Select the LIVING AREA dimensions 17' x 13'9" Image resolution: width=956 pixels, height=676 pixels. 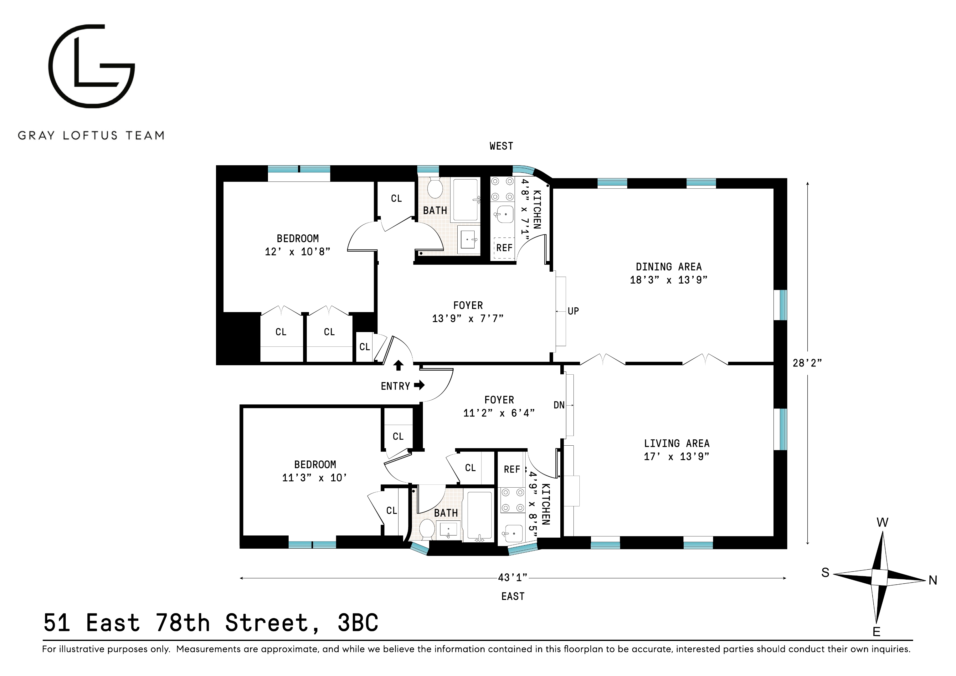tap(676, 457)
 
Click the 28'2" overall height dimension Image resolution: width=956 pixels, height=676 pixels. tap(807, 363)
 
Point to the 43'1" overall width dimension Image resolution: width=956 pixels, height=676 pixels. tap(512, 578)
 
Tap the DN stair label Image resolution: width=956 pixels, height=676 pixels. tap(559, 405)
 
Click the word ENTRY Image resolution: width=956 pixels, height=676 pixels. tap(395, 386)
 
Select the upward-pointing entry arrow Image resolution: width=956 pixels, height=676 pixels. tap(398, 366)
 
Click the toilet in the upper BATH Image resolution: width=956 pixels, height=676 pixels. tap(435, 189)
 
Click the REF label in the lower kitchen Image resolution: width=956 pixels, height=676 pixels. tap(512, 469)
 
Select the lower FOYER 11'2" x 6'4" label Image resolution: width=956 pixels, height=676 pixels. tap(499, 407)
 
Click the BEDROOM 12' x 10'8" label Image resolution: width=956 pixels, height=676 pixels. tap(298, 245)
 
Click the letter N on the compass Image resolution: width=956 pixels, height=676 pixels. tap(933, 580)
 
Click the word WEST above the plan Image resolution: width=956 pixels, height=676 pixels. tap(501, 146)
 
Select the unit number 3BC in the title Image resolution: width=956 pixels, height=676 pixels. tap(358, 623)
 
